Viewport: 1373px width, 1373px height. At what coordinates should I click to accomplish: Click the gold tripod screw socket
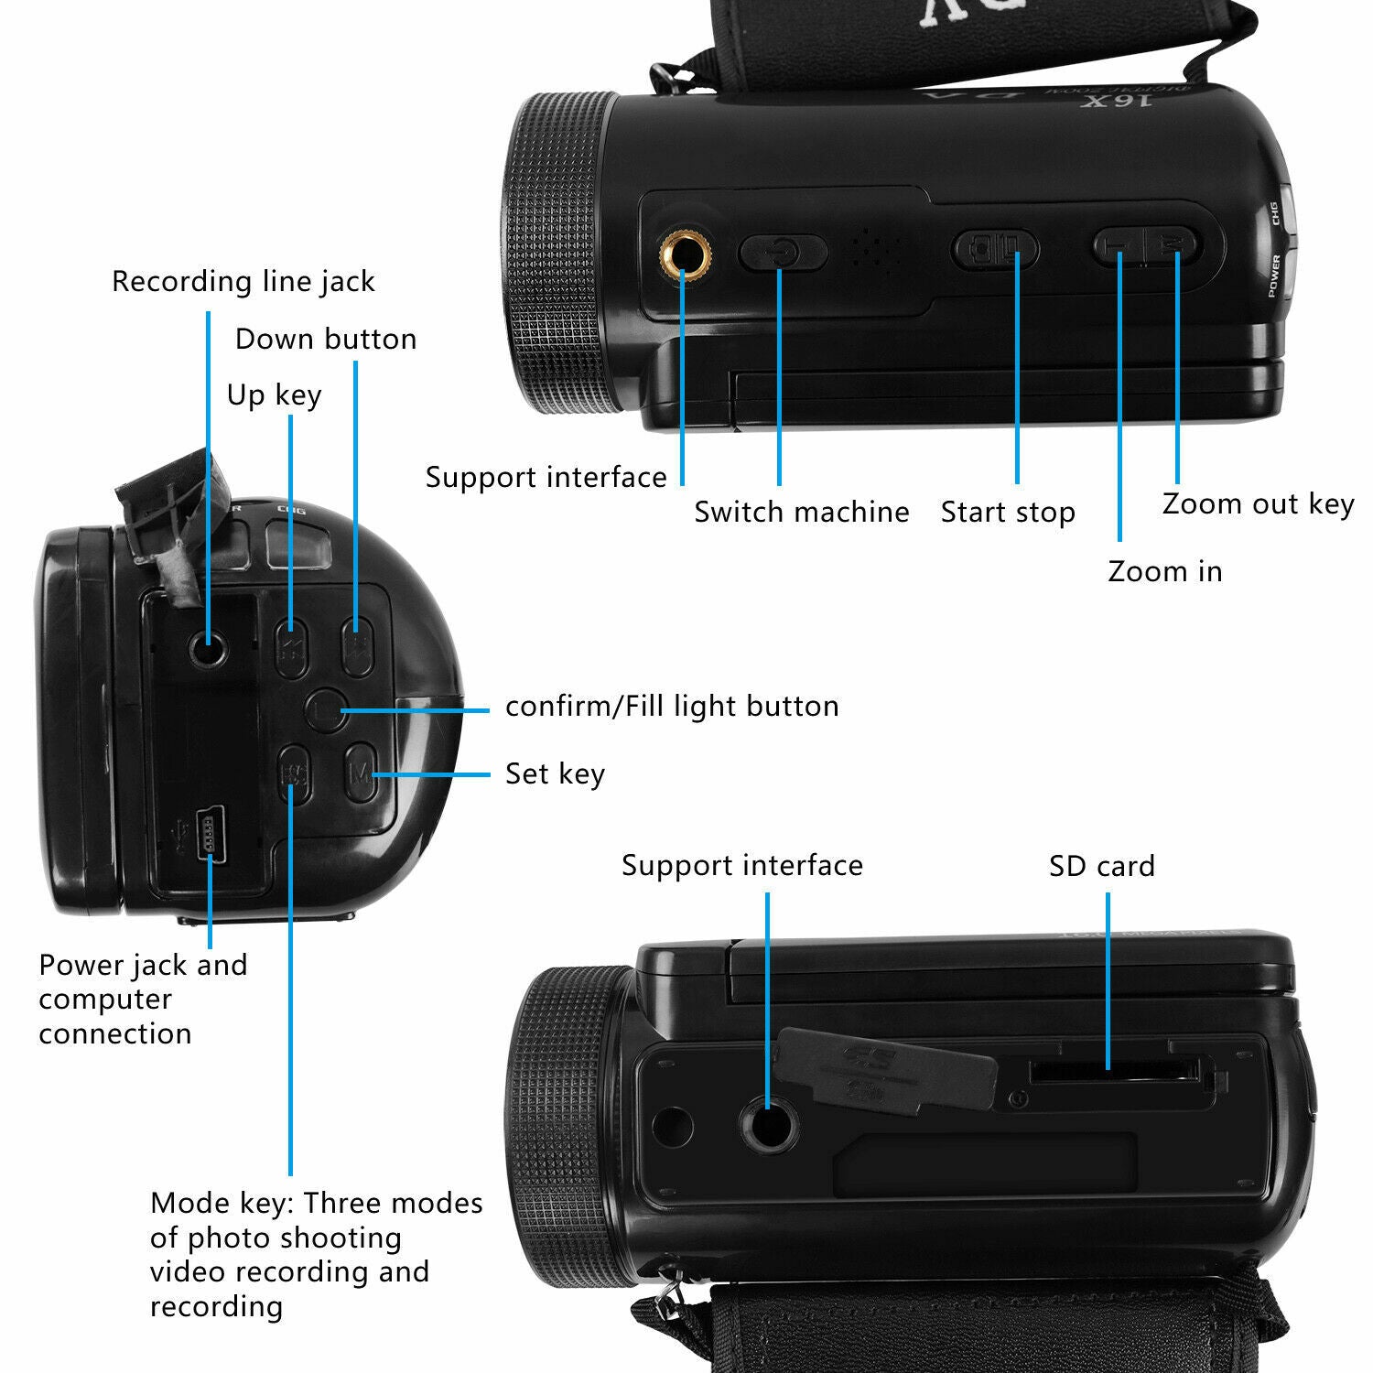pos(683,253)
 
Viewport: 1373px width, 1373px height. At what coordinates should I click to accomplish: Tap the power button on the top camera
pos(783,252)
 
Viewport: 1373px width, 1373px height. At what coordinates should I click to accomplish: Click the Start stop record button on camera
pos(995,249)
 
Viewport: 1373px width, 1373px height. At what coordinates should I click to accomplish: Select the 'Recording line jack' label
pos(243,281)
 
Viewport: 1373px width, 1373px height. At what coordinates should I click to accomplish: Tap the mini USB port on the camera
pos(210,832)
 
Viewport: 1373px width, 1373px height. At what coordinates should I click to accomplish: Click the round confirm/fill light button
pos(325,709)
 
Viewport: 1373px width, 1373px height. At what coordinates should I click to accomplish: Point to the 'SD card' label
pos(1101,866)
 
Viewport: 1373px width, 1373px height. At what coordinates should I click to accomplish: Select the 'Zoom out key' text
pos(1258,503)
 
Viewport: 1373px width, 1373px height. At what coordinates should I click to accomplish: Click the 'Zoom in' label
pos(1164,571)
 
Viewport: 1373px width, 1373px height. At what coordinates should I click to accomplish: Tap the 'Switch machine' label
pos(801,512)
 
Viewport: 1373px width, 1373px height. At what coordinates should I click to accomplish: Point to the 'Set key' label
pos(555,774)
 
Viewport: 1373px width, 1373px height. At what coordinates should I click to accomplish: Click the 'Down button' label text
pos(325,340)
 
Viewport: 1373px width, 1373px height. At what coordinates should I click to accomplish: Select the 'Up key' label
pos(274,395)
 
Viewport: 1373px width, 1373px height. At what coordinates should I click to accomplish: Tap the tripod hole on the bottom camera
pos(768,1124)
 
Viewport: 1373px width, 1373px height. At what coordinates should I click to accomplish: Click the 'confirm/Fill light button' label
pos(672,707)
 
